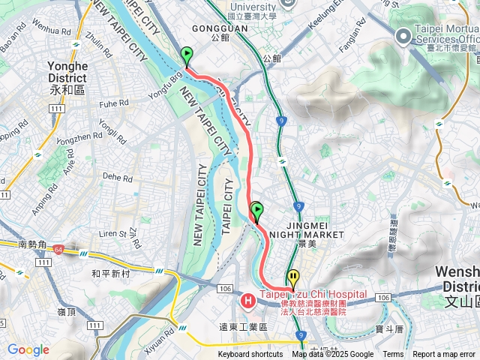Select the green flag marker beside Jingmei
point(257,211)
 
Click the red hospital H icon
point(247,301)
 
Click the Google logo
point(28,349)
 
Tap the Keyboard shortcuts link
point(250,355)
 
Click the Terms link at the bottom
point(393,355)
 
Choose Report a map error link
point(444,355)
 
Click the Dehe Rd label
point(118,178)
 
